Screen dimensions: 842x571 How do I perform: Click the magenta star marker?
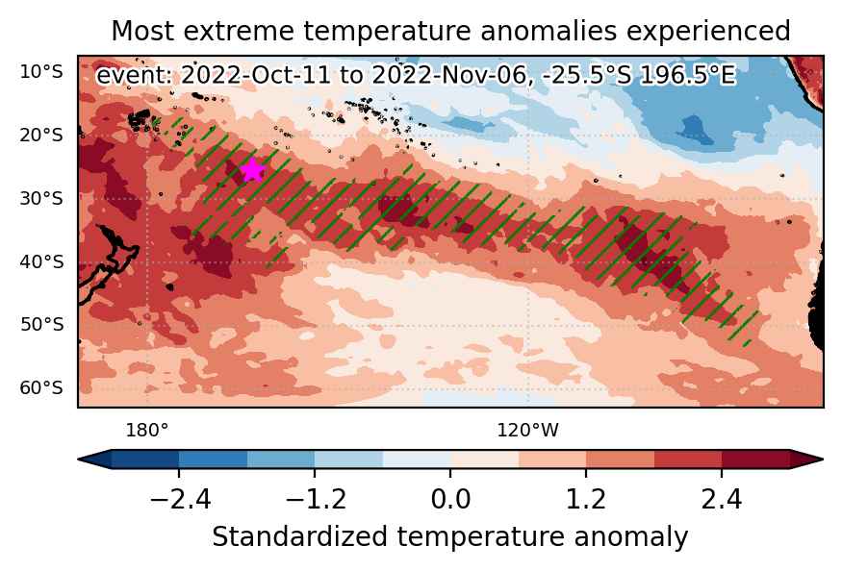click(252, 170)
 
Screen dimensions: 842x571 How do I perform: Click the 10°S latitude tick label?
click(41, 71)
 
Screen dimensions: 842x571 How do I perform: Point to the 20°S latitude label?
click(41, 135)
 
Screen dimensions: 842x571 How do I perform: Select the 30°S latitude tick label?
click(41, 198)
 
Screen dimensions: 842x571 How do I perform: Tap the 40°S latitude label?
click(41, 261)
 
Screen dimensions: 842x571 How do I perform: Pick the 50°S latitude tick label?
click(41, 324)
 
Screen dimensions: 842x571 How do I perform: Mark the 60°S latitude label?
click(41, 387)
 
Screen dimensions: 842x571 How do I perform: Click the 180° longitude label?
click(146, 430)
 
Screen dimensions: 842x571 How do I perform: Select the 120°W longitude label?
click(527, 430)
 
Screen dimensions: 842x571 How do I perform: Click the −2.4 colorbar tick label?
click(180, 499)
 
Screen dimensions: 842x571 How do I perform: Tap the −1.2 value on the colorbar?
click(316, 499)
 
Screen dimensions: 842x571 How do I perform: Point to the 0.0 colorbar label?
click(450, 499)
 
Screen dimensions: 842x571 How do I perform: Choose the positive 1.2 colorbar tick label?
click(586, 499)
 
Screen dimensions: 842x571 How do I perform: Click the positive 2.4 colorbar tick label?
click(721, 499)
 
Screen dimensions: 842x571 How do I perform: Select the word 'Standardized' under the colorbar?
click(299, 537)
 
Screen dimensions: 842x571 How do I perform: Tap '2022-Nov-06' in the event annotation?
click(452, 75)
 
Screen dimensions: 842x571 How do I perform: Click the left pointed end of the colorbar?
click(79, 459)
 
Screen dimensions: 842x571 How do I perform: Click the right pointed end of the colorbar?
click(823, 459)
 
